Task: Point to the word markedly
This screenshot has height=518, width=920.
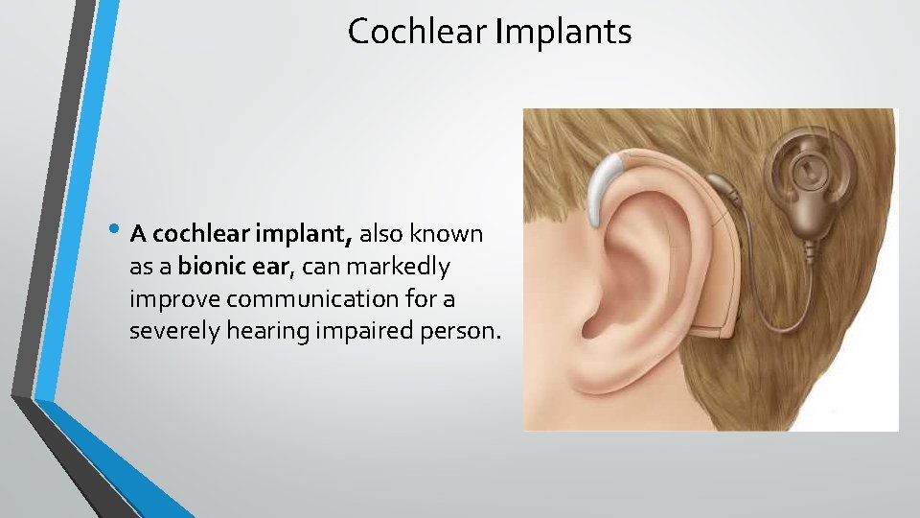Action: tap(402, 266)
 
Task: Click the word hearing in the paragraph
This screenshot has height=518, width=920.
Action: tap(258, 332)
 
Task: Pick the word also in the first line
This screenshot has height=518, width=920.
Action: tap(384, 233)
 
